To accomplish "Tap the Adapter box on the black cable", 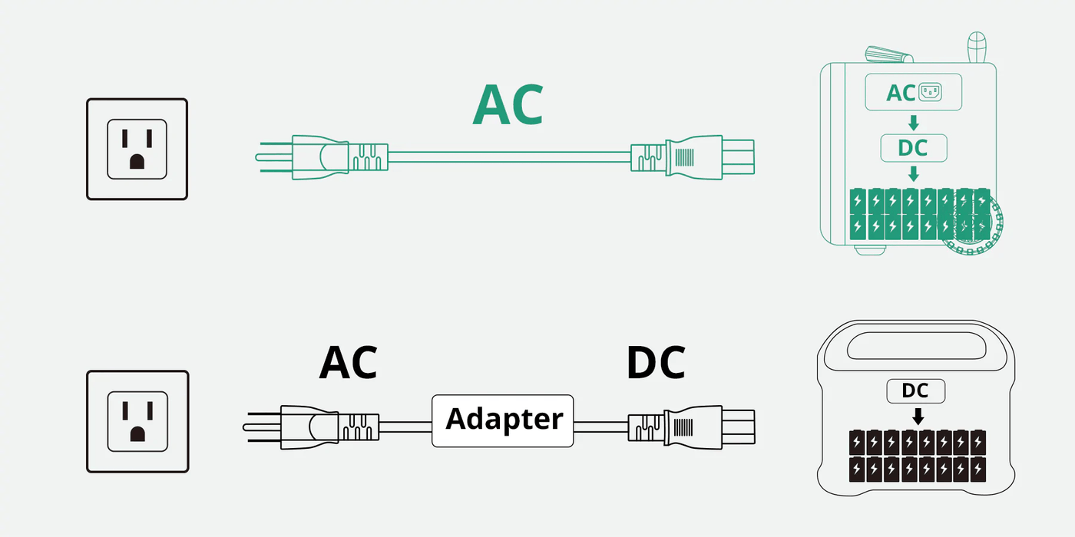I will click(503, 420).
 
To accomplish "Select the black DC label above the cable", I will click(656, 363).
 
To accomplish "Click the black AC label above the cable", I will click(348, 363).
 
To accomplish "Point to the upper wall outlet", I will click(137, 149).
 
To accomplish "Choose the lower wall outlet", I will click(137, 421).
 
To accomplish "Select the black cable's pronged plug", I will click(307, 427).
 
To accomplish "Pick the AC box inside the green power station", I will click(913, 92).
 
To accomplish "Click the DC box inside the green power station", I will click(913, 147).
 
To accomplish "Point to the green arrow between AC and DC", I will click(913, 122).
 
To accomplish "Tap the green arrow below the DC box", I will click(913, 173).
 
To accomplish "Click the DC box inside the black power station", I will click(916, 391).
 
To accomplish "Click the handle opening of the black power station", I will click(918, 347).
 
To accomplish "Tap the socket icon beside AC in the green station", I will click(930, 92).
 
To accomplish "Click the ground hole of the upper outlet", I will click(137, 161).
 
